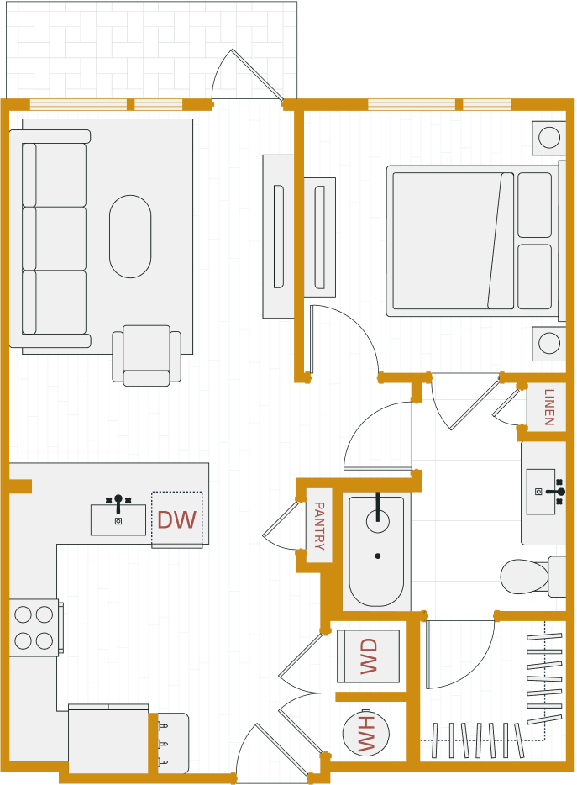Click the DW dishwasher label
tap(176, 520)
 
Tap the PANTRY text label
tap(318, 525)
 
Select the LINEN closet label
tap(548, 407)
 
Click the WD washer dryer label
tap(369, 656)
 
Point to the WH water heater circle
tap(366, 734)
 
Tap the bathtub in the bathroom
tap(376, 551)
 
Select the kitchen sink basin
tap(118, 519)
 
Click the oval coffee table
tap(130, 236)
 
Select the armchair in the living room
tap(147, 355)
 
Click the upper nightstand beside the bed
tap(548, 138)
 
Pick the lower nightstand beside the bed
tap(548, 343)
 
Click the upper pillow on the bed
tap(534, 205)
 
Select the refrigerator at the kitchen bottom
tap(108, 740)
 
